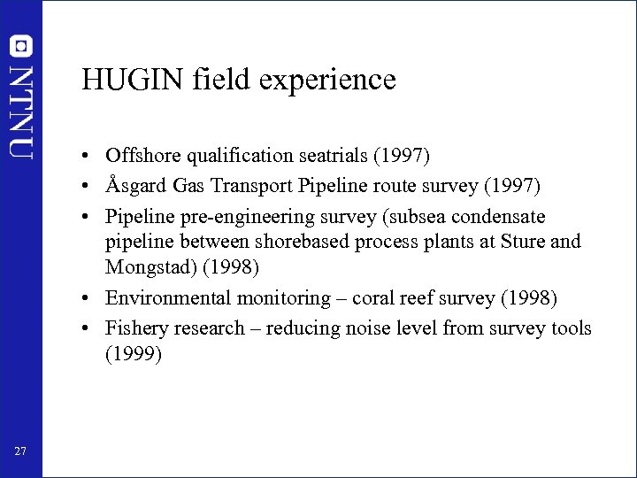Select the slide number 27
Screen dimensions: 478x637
click(x=20, y=452)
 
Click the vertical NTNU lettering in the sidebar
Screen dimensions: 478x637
click(x=20, y=112)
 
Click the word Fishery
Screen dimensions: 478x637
click(x=135, y=328)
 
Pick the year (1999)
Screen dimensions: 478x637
click(x=133, y=355)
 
